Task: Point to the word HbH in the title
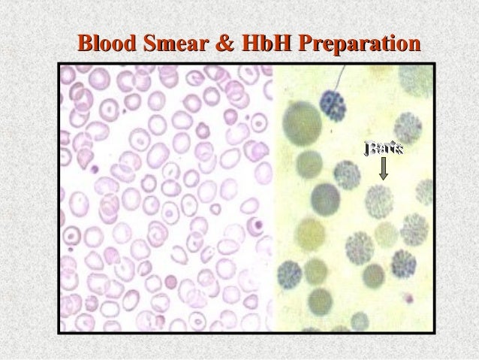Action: pyautogui.click(x=256, y=41)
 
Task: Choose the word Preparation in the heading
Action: pyautogui.click(x=353, y=42)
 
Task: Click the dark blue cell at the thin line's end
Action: pyautogui.click(x=332, y=104)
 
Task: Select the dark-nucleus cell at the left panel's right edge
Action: pyautogui.click(x=258, y=224)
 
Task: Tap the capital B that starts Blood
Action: pyautogui.click(x=86, y=41)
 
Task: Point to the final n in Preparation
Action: pyautogui.click(x=411, y=42)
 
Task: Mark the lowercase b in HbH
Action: pyautogui.click(x=256, y=41)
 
